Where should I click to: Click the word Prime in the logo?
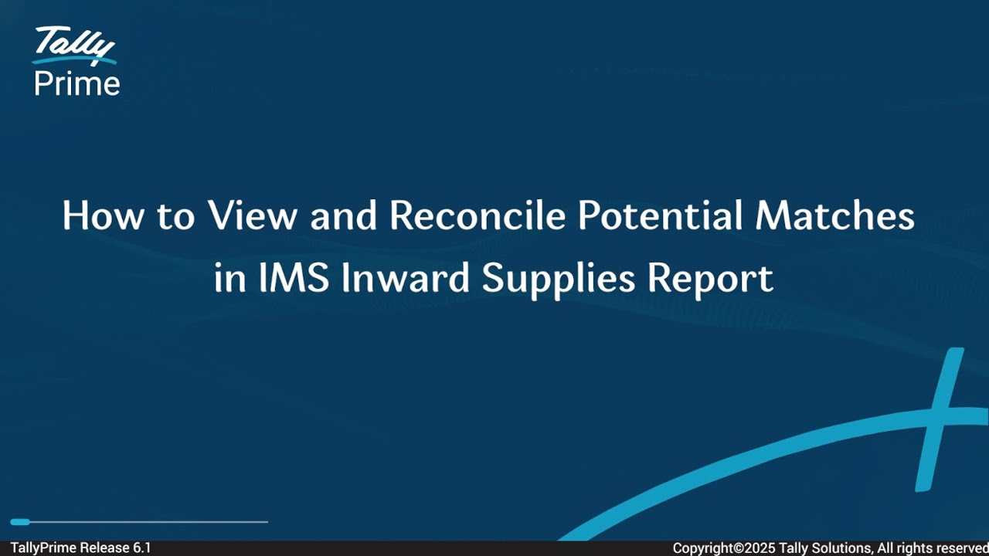[77, 83]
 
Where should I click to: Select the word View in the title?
[252, 216]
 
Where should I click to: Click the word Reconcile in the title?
[478, 216]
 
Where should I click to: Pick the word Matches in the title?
[835, 216]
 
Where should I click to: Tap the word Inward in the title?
[406, 278]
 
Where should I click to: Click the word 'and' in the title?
[343, 216]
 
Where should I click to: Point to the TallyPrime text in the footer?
[43, 548]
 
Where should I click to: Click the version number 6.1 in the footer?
[142, 548]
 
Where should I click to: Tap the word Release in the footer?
[105, 548]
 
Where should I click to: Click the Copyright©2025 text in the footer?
[724, 548]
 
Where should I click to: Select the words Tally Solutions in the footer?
[825, 548]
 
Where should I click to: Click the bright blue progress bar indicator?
[20, 522]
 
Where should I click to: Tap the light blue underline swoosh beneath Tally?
[74, 59]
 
